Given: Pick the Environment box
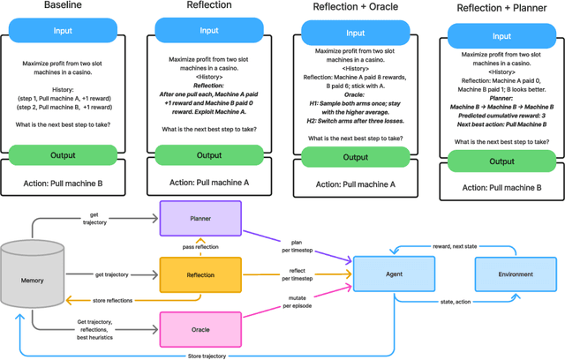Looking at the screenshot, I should pyautogui.click(x=515, y=274).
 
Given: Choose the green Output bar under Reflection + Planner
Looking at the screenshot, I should pyautogui.click(x=501, y=161).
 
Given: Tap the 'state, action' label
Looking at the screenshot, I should pyautogui.click(x=453, y=304).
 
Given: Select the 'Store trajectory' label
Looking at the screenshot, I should pyautogui.click(x=207, y=355).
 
